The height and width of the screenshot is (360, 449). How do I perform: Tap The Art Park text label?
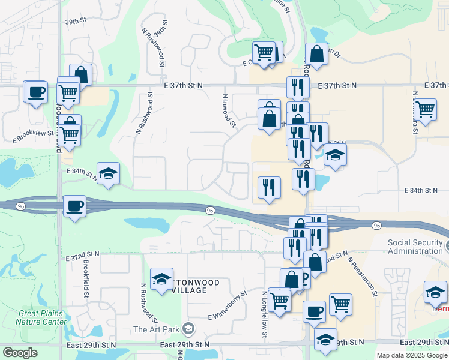(157, 329)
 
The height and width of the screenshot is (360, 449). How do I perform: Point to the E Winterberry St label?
(228, 306)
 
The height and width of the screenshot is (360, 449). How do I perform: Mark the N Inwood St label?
(228, 110)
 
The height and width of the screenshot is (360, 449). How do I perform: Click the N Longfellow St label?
(264, 314)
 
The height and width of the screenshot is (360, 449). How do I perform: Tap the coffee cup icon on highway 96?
(74, 206)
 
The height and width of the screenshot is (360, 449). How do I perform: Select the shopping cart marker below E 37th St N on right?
(425, 110)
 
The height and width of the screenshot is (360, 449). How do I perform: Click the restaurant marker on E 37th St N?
(298, 88)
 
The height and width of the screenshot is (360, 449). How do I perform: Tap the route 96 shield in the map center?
(210, 211)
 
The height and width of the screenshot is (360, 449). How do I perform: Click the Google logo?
(20, 353)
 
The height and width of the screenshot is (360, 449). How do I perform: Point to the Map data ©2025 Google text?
(412, 355)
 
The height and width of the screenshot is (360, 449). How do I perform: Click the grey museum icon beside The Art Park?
(188, 328)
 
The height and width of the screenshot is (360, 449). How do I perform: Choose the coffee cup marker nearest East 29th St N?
(314, 312)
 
